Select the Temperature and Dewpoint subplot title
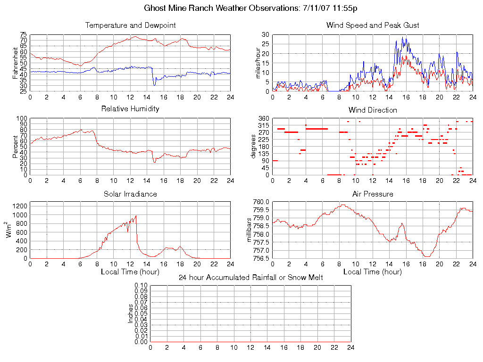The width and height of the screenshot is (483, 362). (130, 25)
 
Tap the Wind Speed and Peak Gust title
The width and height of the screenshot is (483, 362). (373, 25)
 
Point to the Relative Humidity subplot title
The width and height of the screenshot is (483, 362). (130, 109)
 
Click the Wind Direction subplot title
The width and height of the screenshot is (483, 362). (373, 110)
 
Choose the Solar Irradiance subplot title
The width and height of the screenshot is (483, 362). (130, 194)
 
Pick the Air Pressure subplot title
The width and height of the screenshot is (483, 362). (373, 194)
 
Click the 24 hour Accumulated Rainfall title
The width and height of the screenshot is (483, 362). (250, 277)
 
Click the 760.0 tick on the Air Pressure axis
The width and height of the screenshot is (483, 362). (261, 202)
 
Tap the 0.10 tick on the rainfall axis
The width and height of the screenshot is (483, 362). (141, 285)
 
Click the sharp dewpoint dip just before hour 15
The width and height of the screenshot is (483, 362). (154, 84)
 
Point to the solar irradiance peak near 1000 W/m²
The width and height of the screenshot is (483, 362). (136, 216)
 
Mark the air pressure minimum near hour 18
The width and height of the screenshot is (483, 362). (427, 256)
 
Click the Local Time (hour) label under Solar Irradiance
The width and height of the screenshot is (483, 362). (130, 271)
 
